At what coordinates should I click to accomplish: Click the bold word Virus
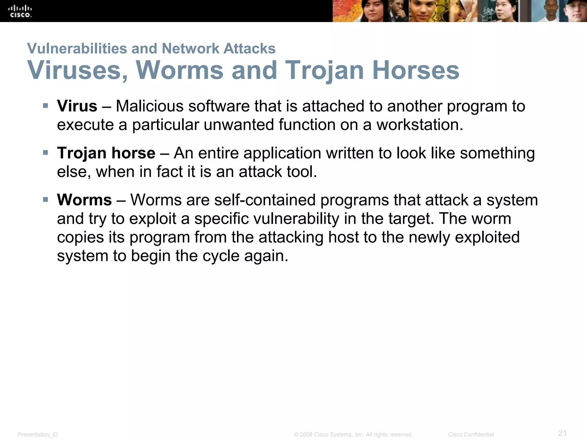pos(77,106)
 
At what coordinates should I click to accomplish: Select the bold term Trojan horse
pos(106,153)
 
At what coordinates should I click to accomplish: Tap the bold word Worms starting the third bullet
pos(84,200)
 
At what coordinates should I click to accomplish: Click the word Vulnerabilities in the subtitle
pos(77,48)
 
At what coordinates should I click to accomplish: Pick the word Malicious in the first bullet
pos(150,106)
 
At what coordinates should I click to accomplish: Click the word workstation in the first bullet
pos(420,125)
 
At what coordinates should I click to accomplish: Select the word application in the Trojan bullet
pos(282,153)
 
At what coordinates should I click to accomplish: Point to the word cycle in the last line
pos(221,256)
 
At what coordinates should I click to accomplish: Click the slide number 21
pos(562,433)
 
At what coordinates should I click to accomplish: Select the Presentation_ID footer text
pos(38,435)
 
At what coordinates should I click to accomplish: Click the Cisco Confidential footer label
pos(471,435)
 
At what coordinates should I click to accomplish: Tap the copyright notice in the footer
pos(353,435)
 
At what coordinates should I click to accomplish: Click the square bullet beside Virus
pos(46,106)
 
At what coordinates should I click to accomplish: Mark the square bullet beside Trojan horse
pos(46,153)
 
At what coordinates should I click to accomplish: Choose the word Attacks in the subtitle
pos(249,48)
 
